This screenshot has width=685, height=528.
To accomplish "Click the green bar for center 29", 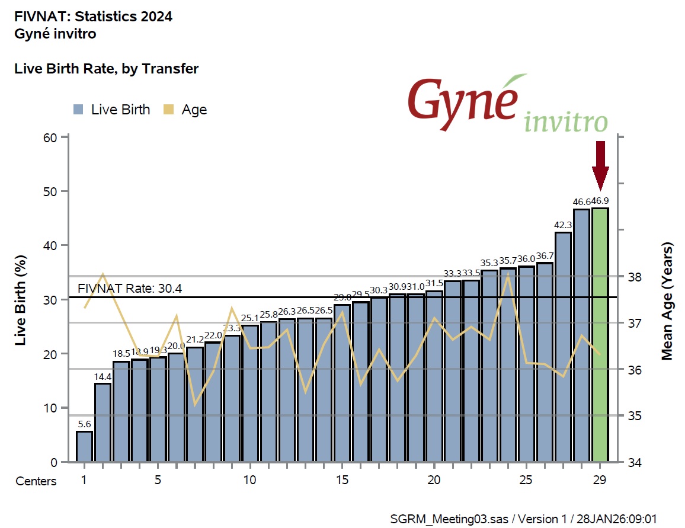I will tap(600, 335).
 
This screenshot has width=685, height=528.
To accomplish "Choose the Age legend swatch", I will tap(169, 110).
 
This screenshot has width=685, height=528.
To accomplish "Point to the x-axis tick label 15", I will tap(342, 480).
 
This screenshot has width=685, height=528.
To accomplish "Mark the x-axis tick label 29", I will tap(600, 480).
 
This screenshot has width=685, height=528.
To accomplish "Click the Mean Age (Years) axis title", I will tap(668, 300).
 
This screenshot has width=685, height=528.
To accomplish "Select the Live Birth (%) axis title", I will tap(21, 300).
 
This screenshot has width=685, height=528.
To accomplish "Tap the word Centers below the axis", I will tap(36, 481).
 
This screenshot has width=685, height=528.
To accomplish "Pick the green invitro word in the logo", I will tap(566, 122).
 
